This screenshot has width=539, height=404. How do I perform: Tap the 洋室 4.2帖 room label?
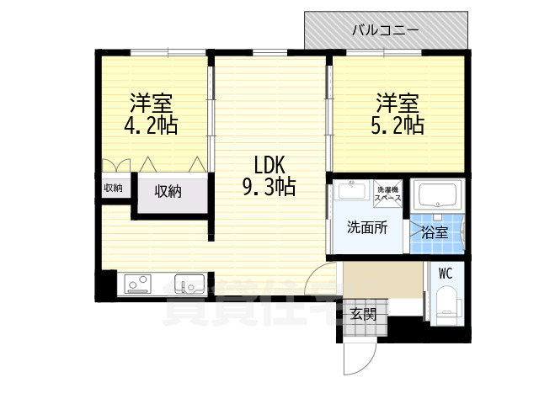tap(152, 115)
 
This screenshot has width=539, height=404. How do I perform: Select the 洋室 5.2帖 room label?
tap(398, 115)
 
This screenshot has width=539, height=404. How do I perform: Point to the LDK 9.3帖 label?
tap(269, 175)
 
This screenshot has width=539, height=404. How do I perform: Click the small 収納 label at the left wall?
tap(113, 188)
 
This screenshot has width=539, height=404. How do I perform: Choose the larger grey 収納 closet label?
tap(168, 192)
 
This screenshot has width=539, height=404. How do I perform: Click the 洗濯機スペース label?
tap(388, 193)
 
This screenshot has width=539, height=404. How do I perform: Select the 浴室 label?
tap(435, 231)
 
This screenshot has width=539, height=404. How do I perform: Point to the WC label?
tap(446, 273)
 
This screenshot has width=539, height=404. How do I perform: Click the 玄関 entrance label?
tap(363, 315)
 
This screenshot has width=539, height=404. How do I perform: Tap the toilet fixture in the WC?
tap(446, 305)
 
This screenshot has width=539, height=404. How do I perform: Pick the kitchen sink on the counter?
tap(188, 283)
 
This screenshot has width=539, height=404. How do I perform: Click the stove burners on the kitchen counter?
tap(136, 284)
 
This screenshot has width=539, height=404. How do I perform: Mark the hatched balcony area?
tap(337, 32)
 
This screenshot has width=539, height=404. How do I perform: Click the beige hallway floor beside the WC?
tap(383, 281)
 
